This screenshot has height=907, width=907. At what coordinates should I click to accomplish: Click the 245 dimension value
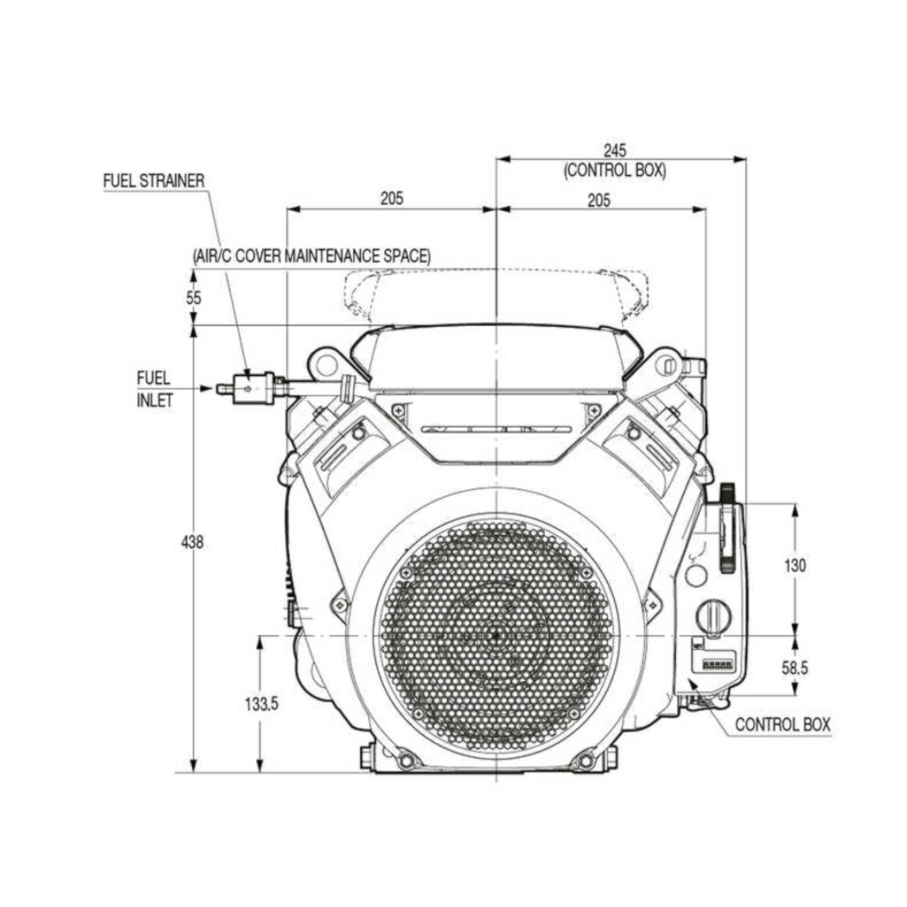click(x=615, y=151)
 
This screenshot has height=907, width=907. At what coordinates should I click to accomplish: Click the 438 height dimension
click(x=193, y=542)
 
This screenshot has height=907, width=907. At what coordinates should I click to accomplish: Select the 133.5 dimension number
click(x=261, y=704)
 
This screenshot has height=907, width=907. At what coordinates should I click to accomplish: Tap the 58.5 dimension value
click(x=795, y=668)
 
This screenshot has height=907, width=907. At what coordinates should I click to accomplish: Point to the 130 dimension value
click(x=795, y=566)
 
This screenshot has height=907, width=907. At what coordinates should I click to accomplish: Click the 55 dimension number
click(x=194, y=298)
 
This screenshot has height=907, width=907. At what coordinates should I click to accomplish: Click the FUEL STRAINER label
click(x=154, y=181)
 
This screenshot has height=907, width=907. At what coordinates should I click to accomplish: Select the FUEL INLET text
click(x=155, y=389)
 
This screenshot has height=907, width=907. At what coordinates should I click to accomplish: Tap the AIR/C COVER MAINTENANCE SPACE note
click(x=311, y=256)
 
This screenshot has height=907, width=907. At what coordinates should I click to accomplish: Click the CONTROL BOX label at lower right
click(x=783, y=725)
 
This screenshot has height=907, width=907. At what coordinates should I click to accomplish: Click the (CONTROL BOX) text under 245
click(x=615, y=171)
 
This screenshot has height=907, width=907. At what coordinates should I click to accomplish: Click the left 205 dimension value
click(x=391, y=198)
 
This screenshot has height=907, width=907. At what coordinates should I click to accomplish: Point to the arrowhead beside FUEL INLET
click(x=206, y=388)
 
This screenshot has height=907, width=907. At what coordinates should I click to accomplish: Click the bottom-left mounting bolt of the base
click(x=405, y=761)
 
